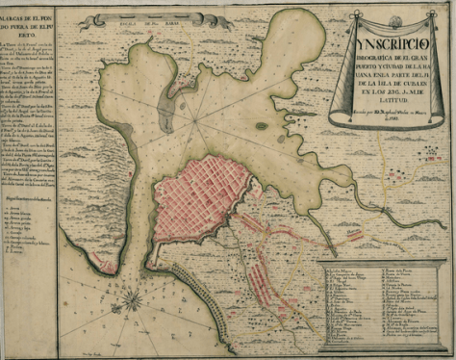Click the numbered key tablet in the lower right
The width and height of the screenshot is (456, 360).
380,308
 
